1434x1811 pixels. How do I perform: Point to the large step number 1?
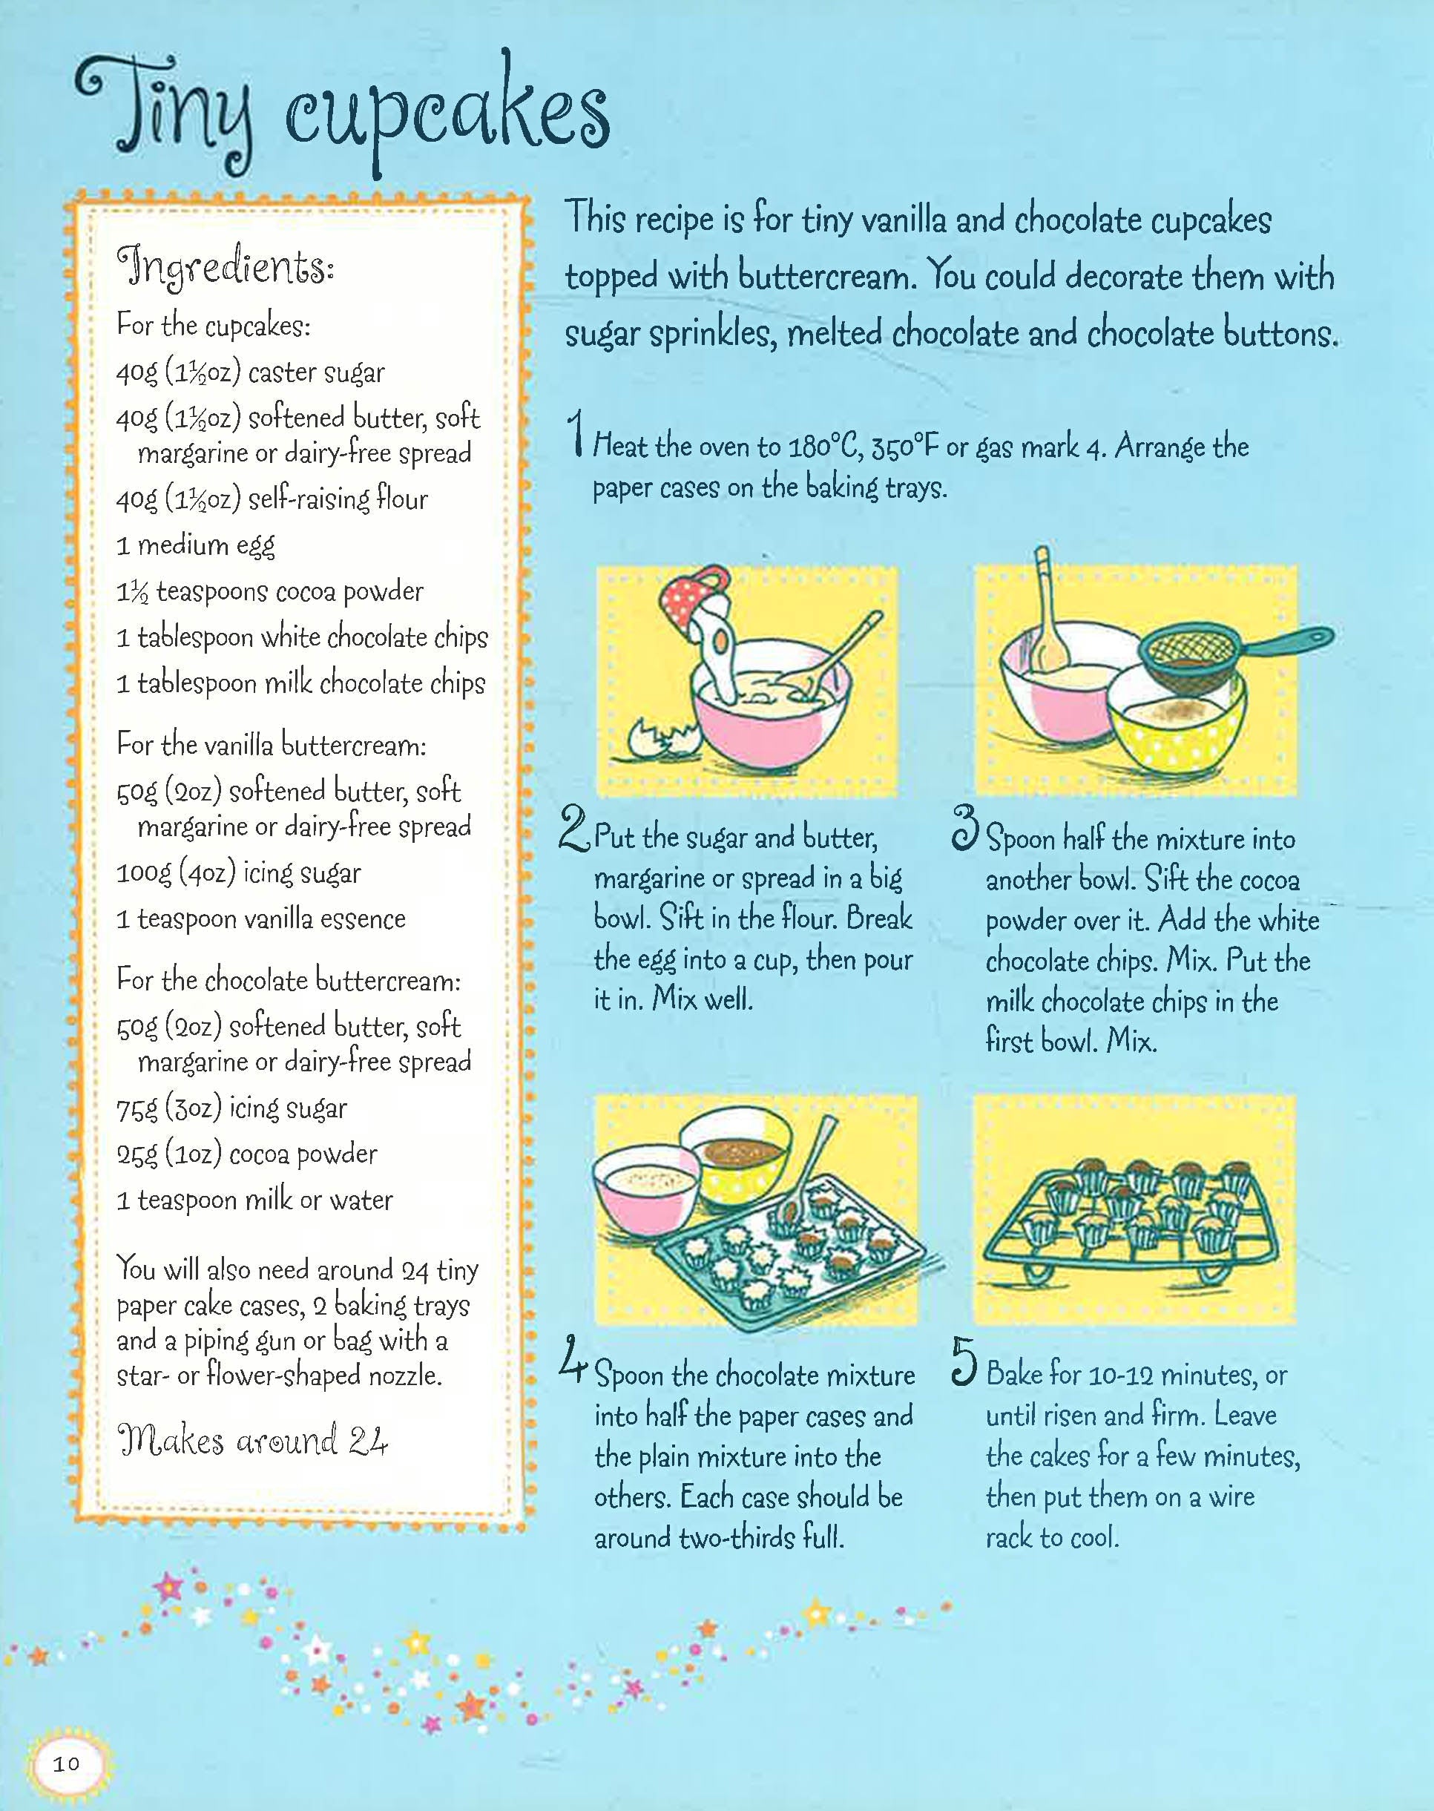pos(575,433)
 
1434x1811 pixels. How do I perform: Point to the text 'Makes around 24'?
pos(253,1440)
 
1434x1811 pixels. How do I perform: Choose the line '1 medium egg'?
pos(196,547)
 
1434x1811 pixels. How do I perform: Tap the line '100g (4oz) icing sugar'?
pos(240,874)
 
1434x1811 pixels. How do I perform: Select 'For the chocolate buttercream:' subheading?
pos(289,981)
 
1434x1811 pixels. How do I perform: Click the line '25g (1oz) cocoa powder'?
pos(247,1155)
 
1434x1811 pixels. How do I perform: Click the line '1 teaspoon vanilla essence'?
pos(261,920)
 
